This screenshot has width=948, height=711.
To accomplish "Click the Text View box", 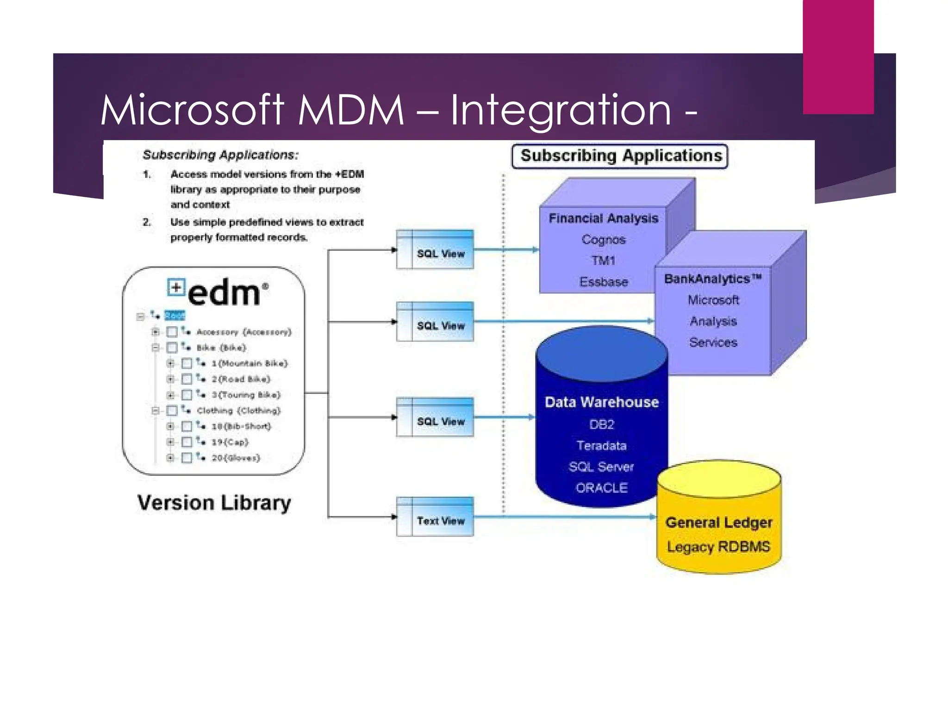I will pyautogui.click(x=435, y=517).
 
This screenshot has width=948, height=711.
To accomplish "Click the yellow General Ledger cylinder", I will pyautogui.click(x=719, y=518).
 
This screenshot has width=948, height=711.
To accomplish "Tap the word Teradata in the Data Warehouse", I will pyautogui.click(x=601, y=446).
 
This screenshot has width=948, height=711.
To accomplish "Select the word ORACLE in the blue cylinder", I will pyautogui.click(x=601, y=488).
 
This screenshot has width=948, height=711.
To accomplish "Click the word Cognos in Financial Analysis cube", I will pyautogui.click(x=604, y=240).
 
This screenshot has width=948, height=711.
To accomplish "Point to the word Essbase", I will pyautogui.click(x=604, y=282).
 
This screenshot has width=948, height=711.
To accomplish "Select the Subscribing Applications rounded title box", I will pyautogui.click(x=620, y=156).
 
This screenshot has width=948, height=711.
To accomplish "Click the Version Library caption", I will pyautogui.click(x=214, y=503).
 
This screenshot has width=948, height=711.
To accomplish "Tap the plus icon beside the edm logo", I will pyautogui.click(x=176, y=287).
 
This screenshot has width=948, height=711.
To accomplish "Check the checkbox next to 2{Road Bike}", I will pyautogui.click(x=187, y=379).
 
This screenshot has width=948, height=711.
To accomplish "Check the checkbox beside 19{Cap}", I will pyautogui.click(x=187, y=442).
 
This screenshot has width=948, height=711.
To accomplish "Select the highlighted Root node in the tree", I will pyautogui.click(x=175, y=316).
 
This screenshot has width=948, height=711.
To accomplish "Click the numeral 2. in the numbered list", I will pyautogui.click(x=147, y=222).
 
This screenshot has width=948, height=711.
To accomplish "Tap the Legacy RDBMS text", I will pyautogui.click(x=718, y=547).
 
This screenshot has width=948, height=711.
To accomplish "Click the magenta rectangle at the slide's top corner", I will pyautogui.click(x=838, y=56).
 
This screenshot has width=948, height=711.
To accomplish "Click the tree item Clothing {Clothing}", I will pyautogui.click(x=238, y=411).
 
